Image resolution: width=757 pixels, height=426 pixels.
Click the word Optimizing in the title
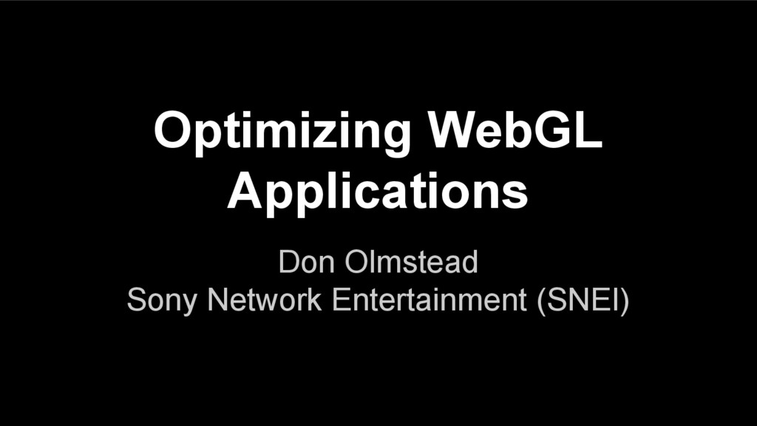[x=282, y=134]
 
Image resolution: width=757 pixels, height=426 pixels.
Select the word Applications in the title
[x=378, y=192]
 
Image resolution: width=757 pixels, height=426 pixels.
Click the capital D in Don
[x=288, y=263]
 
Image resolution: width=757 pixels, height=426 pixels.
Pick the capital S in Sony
[x=137, y=301]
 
